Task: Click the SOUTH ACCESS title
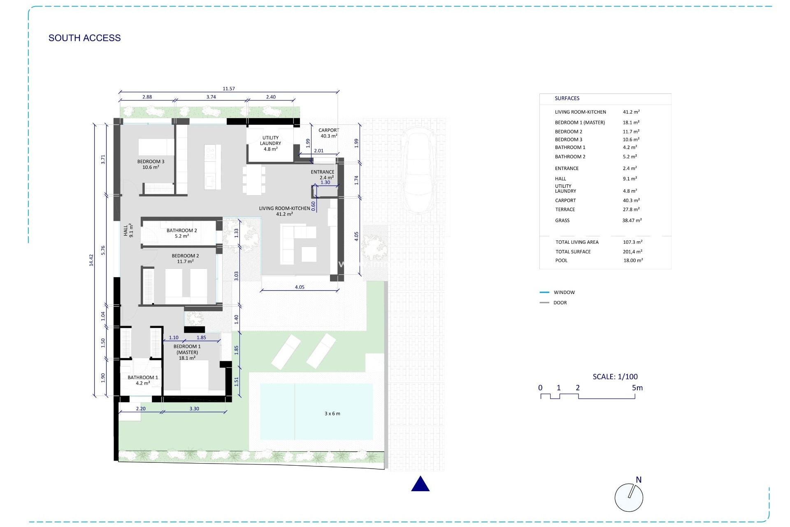pyautogui.click(x=84, y=38)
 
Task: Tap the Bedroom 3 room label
pyautogui.click(x=151, y=164)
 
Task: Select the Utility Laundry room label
pyautogui.click(x=270, y=143)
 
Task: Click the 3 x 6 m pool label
pyautogui.click(x=332, y=413)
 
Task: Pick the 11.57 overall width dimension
pyautogui.click(x=228, y=89)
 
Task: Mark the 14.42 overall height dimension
pyautogui.click(x=91, y=260)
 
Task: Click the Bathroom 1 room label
pyautogui.click(x=142, y=380)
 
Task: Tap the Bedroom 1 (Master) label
pyautogui.click(x=187, y=352)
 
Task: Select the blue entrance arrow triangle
pyautogui.click(x=420, y=484)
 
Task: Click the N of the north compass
pyautogui.click(x=639, y=480)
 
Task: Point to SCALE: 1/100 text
pyautogui.click(x=615, y=376)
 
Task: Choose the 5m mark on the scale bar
pyautogui.click(x=637, y=388)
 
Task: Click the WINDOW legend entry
pyautogui.click(x=564, y=292)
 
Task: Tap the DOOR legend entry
pyautogui.click(x=560, y=303)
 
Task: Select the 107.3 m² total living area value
pyautogui.click(x=632, y=242)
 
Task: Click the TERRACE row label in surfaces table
pyautogui.click(x=565, y=210)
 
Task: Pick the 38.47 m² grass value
pyautogui.click(x=632, y=221)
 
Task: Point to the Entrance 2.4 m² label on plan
pyautogui.click(x=323, y=175)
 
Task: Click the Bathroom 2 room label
pyautogui.click(x=181, y=233)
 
